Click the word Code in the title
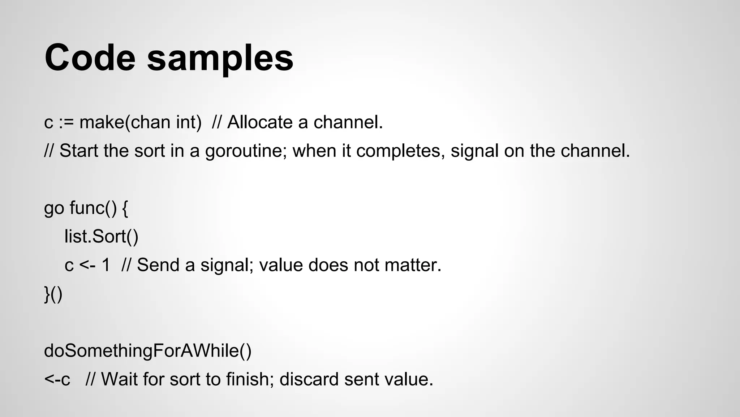point(90,58)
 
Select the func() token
point(93,208)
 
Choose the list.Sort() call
point(101,236)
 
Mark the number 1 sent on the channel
point(106,265)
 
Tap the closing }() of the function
point(53,294)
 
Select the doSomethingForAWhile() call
point(147,351)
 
